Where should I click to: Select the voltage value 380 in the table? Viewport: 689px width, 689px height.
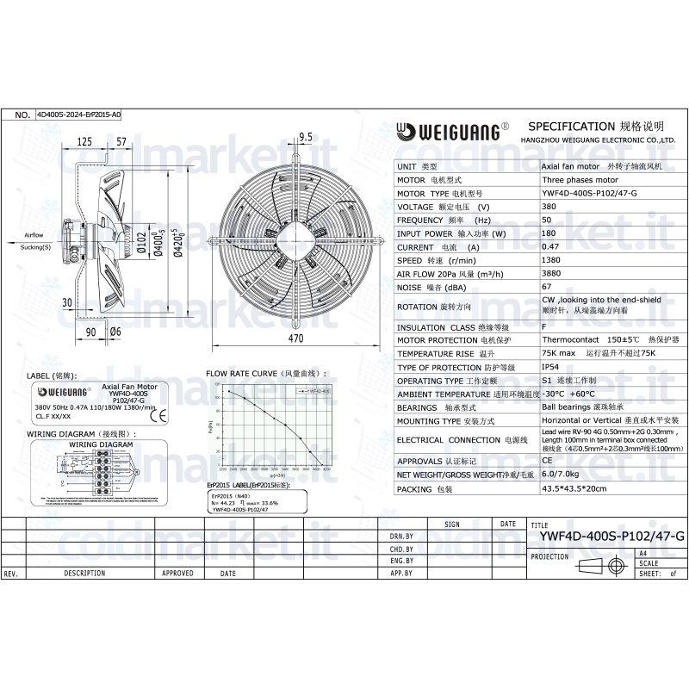[x=548, y=208]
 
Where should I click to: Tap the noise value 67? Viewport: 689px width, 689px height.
[x=546, y=287]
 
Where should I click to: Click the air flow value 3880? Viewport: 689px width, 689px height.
[x=551, y=274]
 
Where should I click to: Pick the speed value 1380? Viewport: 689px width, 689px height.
[x=551, y=260]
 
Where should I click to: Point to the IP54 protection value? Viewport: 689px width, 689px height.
[x=550, y=367]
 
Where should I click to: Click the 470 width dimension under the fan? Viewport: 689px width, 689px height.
[x=296, y=339]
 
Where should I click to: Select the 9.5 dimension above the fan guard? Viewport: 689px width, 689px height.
[x=305, y=137]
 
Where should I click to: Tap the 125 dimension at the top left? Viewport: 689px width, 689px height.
[x=84, y=141]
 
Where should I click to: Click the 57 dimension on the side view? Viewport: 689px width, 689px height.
[x=121, y=141]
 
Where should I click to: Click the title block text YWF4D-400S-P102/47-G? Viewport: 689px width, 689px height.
[x=611, y=536]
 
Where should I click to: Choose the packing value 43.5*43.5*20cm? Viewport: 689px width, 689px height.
[x=574, y=488]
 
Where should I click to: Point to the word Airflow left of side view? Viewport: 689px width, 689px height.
[x=34, y=234]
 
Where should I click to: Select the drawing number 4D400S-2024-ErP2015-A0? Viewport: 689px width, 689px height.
[x=78, y=114]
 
